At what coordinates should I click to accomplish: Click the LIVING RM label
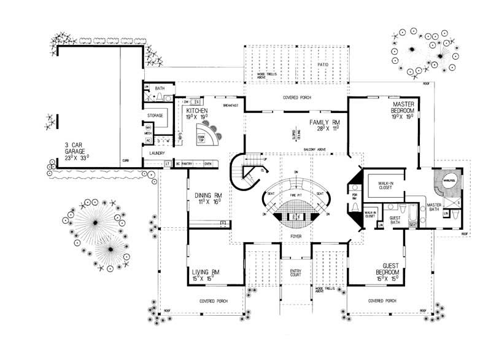(206, 272)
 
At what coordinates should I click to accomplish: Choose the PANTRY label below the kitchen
(188, 163)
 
